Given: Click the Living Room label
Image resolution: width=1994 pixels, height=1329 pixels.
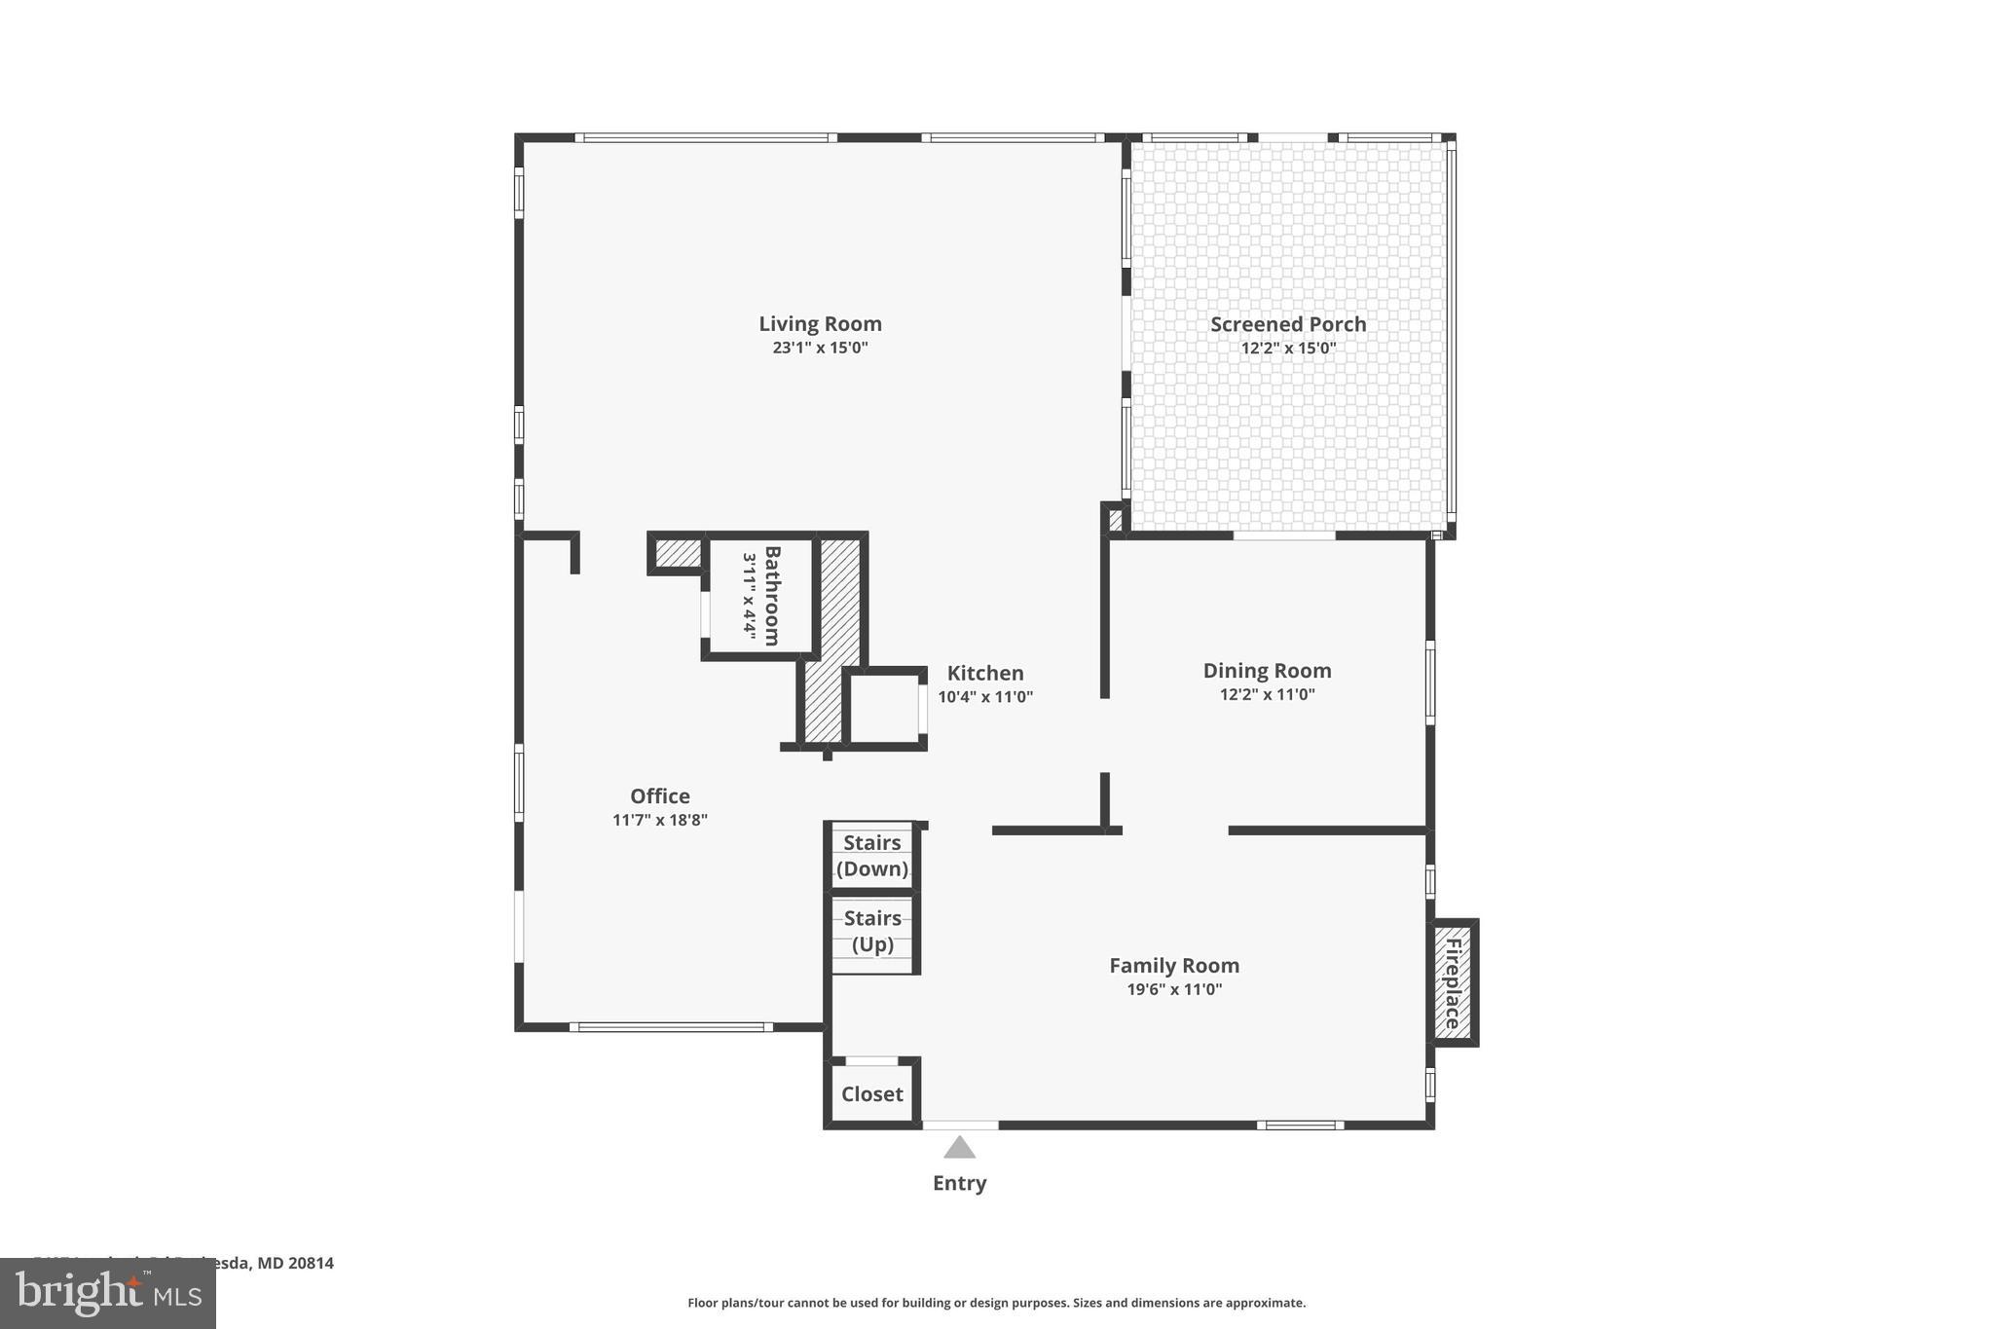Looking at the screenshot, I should tap(820, 324).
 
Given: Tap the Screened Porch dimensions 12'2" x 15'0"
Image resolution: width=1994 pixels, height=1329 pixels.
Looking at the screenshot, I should tap(1288, 349).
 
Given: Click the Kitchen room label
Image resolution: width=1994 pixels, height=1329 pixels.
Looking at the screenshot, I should tap(985, 673).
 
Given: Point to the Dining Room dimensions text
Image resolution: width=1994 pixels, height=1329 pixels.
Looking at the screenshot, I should tap(1267, 694).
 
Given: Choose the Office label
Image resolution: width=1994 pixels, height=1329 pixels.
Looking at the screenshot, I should tap(659, 795).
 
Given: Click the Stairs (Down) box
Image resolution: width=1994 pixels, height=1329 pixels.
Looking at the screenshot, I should tap(871, 856).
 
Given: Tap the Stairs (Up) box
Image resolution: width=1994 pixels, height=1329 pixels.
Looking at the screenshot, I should tap(871, 932).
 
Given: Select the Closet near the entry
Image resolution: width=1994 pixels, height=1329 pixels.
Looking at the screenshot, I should tap(871, 1093).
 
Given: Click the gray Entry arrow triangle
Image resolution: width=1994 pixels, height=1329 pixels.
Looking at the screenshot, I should tap(959, 1148).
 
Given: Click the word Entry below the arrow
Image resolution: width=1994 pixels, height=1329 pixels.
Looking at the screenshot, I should tap(959, 1183).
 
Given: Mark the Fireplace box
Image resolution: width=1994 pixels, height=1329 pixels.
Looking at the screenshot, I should tap(1453, 982).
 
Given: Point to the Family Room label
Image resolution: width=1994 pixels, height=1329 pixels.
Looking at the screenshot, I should tap(1174, 965).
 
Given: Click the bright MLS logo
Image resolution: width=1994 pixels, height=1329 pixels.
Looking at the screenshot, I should tap(107, 1293).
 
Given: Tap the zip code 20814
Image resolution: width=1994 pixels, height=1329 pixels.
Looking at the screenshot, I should tap(311, 1263).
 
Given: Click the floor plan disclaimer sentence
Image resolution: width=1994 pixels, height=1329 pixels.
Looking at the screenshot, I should tap(996, 1303).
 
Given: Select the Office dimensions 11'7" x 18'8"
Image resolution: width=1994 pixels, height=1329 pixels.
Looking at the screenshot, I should tap(659, 820).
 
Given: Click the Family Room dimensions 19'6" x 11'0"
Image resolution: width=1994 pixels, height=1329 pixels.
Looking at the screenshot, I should tap(1174, 989).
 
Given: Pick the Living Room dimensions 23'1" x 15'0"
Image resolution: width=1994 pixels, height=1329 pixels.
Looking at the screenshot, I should tap(820, 348).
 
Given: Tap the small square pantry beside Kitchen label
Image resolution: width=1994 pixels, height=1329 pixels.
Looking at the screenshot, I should tap(883, 707).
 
